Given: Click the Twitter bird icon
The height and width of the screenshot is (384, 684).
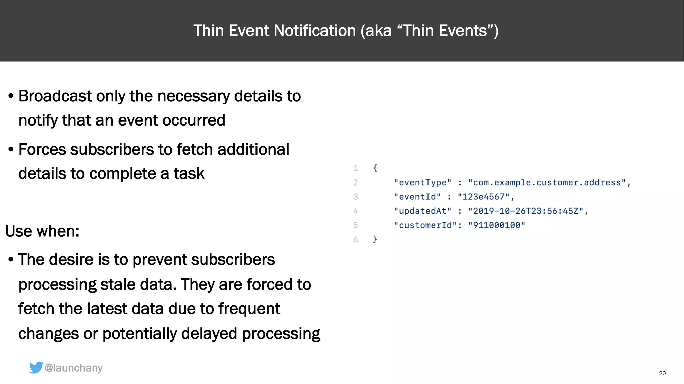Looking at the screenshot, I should click(x=36, y=367).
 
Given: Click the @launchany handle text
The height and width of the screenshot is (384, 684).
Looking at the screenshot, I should click(x=73, y=368).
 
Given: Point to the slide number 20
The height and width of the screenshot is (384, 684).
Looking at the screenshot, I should click(x=662, y=373).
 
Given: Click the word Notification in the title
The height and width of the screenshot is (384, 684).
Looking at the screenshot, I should click(x=315, y=31).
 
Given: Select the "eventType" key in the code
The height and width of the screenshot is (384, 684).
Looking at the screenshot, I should click(x=422, y=183).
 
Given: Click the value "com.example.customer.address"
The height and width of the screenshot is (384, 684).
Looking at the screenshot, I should click(x=547, y=183).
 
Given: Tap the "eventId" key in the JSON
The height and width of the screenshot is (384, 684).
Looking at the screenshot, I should click(x=417, y=197).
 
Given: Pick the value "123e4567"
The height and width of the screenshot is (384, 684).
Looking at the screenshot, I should click(x=483, y=197).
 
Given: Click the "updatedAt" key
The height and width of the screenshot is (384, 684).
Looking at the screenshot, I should click(x=422, y=211).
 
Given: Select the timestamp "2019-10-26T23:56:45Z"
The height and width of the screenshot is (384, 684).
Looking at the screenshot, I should click(x=526, y=211).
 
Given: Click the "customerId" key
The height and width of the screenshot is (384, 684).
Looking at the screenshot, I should click(x=425, y=226).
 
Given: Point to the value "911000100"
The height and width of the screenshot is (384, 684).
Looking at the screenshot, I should click(x=496, y=226).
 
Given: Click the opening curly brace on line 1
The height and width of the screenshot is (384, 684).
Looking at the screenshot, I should click(x=375, y=168).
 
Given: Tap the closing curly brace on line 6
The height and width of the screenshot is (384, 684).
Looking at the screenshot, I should click(x=375, y=239).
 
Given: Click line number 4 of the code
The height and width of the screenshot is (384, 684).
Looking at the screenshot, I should click(x=355, y=211).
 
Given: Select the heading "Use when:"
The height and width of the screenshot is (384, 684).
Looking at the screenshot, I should click(x=42, y=231).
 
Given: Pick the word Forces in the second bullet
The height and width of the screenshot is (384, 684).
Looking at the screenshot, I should click(x=42, y=150).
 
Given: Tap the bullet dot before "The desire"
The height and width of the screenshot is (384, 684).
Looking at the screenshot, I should click(x=11, y=260).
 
